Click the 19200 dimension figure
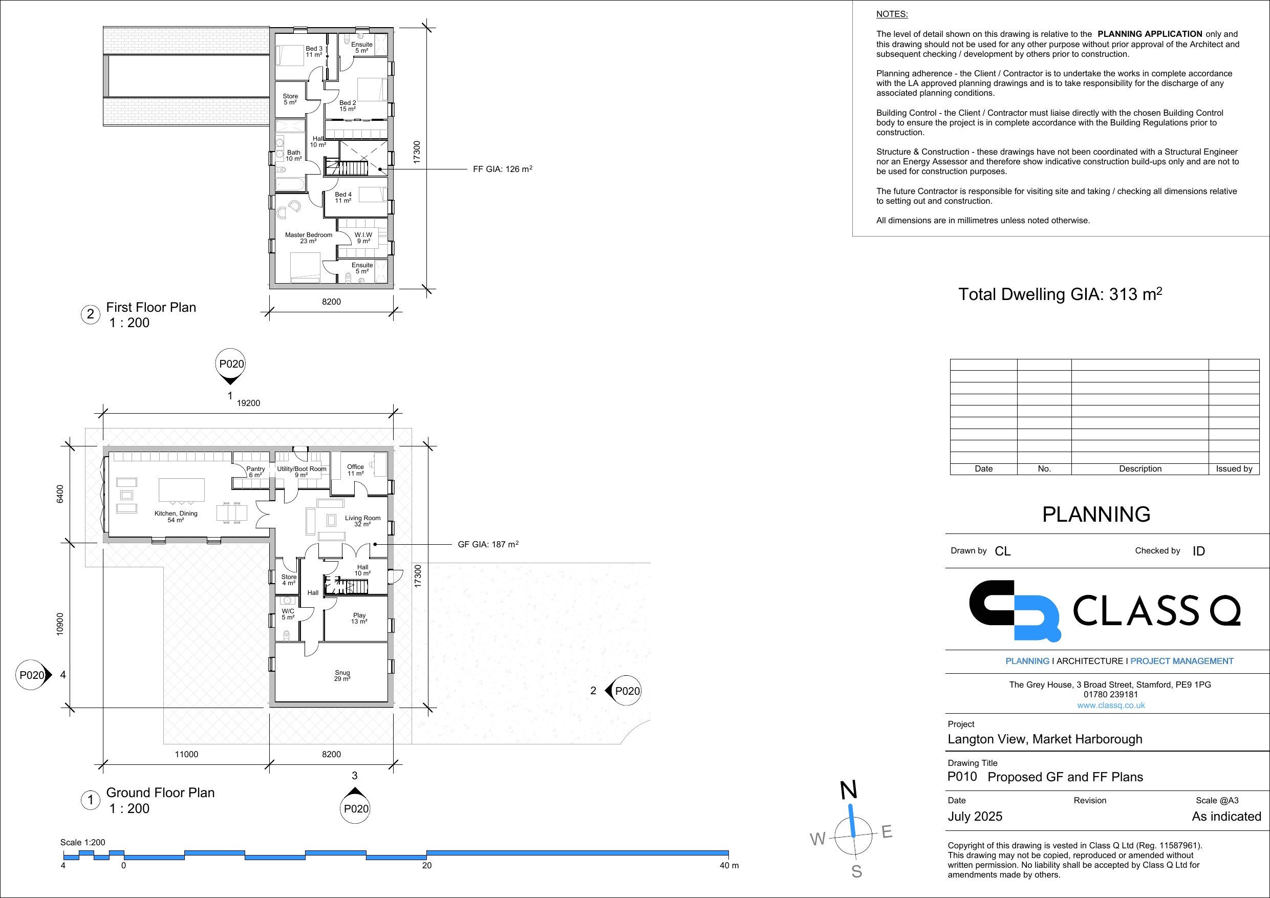tap(248, 403)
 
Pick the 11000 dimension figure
tap(186, 754)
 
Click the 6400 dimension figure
tap(60, 494)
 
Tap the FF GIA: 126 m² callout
tap(503, 169)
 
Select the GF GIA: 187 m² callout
tap(488, 544)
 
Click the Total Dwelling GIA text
tap(1060, 294)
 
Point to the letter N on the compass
tap(849, 790)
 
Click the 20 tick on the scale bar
tap(426, 865)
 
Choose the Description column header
tap(1140, 468)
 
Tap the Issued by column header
tap(1234, 468)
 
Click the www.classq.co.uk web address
tap(1111, 705)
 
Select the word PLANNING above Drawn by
tap(1096, 514)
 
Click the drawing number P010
tap(962, 776)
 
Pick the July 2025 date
tap(975, 817)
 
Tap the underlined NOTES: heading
tap(892, 14)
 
